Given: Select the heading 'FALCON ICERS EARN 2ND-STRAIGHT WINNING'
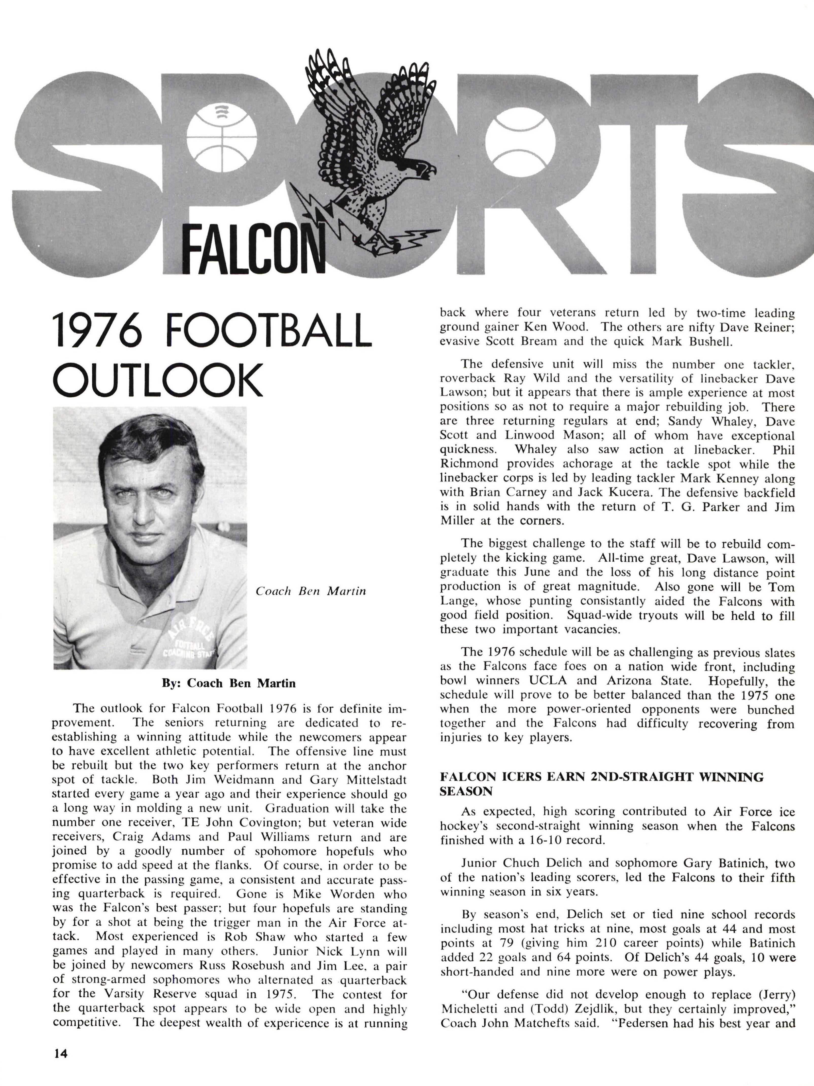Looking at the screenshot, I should pos(602,777).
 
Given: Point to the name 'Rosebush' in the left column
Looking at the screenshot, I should pos(256,965).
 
